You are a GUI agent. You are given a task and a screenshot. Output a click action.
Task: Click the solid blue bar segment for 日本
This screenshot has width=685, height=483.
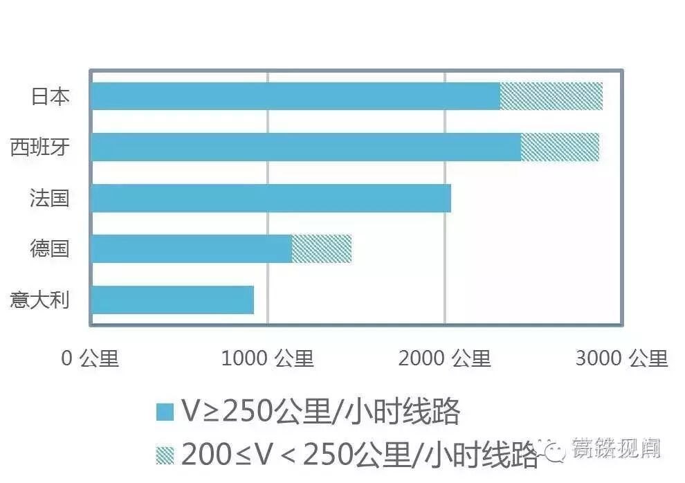(x=295, y=96)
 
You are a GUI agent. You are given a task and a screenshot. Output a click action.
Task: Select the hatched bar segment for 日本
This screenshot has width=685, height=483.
(x=551, y=96)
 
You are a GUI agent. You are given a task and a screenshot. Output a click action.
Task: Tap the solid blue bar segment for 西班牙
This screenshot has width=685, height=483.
(x=306, y=147)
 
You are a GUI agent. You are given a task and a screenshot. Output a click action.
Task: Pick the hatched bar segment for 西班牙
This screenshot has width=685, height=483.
(x=560, y=147)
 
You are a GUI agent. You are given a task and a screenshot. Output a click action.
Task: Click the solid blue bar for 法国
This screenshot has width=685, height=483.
(x=271, y=198)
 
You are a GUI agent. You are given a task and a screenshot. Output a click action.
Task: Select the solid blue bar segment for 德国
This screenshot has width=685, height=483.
(x=192, y=248)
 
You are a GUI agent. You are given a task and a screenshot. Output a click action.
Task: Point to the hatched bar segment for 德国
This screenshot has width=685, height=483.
(x=322, y=248)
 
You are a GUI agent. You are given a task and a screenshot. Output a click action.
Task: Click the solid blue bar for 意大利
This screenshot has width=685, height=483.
(x=173, y=300)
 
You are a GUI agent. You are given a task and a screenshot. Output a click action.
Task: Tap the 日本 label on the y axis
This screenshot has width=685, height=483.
(x=51, y=96)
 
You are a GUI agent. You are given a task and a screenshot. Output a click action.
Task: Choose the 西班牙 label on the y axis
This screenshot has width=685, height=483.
(x=40, y=147)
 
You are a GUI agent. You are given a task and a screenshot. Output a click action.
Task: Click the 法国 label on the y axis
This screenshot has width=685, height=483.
(x=50, y=198)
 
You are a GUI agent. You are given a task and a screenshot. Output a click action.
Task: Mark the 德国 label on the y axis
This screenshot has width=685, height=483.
(x=50, y=248)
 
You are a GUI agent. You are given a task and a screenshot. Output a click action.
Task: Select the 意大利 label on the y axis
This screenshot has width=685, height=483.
(x=40, y=300)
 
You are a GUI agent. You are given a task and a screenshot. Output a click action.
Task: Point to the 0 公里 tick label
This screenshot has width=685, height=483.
(x=91, y=358)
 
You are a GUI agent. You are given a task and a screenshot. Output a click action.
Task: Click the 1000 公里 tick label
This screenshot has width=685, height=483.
(x=268, y=358)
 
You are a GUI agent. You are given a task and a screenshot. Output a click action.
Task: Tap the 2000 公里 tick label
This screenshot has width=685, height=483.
(x=445, y=358)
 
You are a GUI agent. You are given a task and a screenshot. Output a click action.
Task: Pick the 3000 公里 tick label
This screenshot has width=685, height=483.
(x=622, y=358)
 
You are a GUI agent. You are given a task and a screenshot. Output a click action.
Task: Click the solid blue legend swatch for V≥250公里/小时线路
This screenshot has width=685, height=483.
(x=165, y=412)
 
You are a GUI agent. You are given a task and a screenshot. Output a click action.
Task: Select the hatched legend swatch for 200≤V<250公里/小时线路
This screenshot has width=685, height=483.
(x=165, y=454)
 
